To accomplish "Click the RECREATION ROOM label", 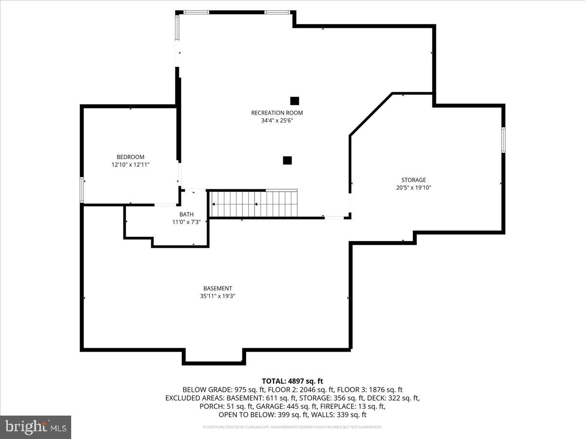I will point(277,113).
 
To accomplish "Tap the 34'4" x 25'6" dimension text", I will point(277,120).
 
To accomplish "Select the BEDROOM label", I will point(130,157).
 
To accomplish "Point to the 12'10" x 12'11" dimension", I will point(130,165).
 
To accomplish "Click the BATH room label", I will point(186,214).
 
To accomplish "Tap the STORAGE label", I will point(413,180).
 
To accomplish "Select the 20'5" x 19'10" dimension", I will point(413,188).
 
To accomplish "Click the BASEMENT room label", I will point(217,288).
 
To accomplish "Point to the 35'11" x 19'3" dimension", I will point(217,296).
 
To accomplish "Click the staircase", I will point(253,204).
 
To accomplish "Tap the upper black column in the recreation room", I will point(294,101).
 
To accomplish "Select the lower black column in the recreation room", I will point(287,160).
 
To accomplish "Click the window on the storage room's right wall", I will point(503,140).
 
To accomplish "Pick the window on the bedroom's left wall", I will point(82,190).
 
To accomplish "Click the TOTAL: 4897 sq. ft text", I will point(292,381).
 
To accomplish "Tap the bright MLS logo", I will point(36,427).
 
